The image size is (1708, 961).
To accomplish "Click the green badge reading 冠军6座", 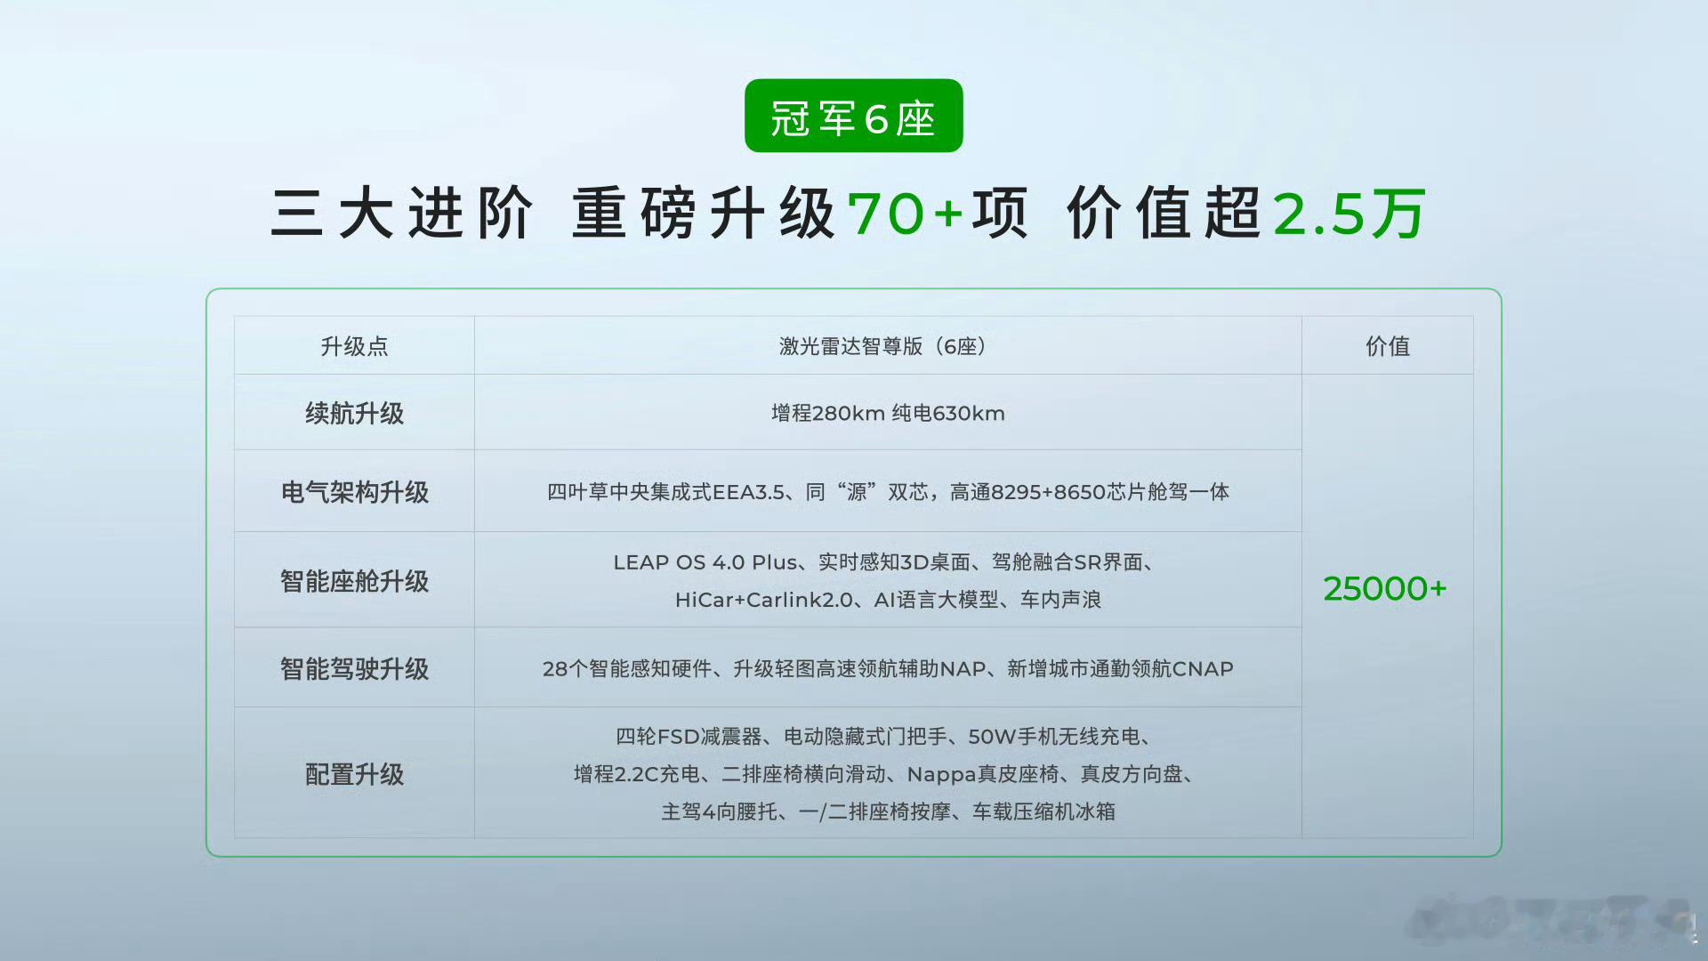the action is (853, 116).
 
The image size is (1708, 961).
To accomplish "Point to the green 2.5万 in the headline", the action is (1349, 214).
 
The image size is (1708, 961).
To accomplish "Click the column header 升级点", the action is (354, 346).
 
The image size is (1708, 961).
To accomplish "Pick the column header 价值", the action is (1388, 346).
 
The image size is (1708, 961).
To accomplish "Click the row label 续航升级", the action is (354, 413).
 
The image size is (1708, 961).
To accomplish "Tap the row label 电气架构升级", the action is (354, 492).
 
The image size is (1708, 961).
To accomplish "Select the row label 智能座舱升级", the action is (354, 581).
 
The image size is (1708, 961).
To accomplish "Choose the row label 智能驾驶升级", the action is (354, 668).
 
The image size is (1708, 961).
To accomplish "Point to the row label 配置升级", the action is (354, 774).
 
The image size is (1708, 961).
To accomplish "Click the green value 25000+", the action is (1385, 588).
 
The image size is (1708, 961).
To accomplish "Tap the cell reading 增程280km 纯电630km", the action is (888, 413).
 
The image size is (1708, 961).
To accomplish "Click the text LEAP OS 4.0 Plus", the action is (705, 562).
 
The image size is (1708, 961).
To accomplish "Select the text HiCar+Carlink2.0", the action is (763, 600).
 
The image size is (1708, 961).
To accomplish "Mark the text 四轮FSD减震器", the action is (689, 737).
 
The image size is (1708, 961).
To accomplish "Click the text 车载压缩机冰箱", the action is (1043, 812).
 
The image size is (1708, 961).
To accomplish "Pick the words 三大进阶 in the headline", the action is (402, 214).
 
